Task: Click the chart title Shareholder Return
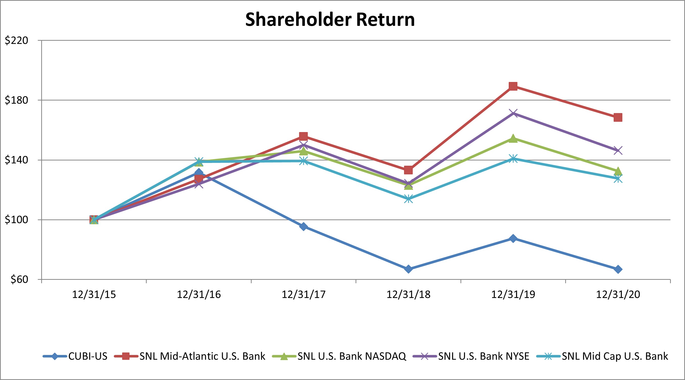click(330, 19)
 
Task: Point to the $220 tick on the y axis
click(16, 40)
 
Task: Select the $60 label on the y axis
click(19, 279)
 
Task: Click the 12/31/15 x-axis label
click(94, 294)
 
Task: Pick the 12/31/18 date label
click(408, 294)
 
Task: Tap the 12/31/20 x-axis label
click(618, 294)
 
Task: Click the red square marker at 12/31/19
click(513, 86)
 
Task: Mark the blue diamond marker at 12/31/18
click(408, 269)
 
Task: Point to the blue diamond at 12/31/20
click(618, 269)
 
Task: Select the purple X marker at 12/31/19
click(513, 113)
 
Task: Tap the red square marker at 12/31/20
click(618, 117)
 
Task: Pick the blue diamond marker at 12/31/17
click(303, 227)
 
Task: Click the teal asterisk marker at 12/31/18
click(408, 199)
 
